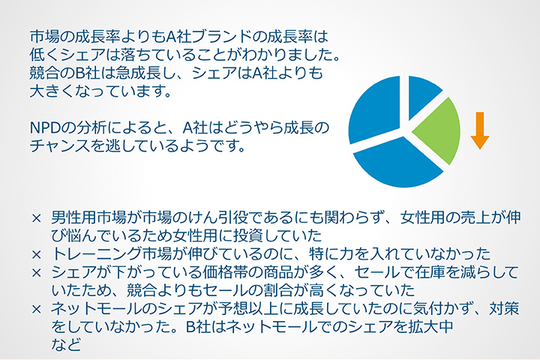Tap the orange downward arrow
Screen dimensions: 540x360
480,130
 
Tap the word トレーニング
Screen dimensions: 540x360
97,254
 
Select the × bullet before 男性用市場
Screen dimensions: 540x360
36,218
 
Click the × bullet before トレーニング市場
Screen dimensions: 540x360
36,255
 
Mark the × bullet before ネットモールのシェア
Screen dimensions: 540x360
36,309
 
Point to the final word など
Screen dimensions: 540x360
66,344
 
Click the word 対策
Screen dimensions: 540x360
504,309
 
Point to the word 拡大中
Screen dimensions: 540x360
430,327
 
